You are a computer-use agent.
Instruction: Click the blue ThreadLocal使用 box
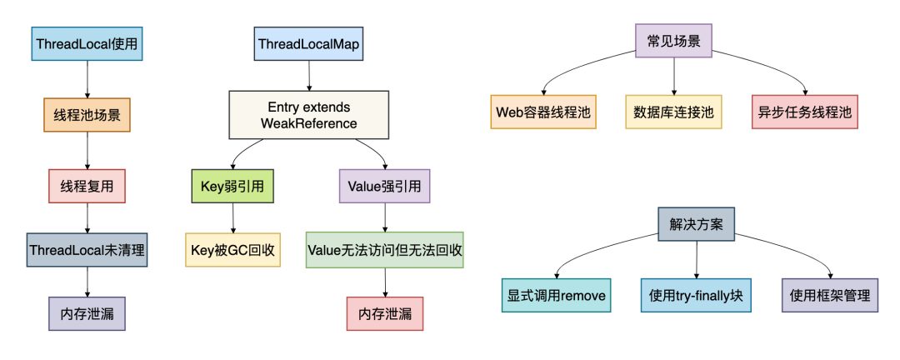(87, 42)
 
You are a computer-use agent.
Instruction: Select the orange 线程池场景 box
(87, 114)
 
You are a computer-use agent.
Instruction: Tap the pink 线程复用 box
(87, 186)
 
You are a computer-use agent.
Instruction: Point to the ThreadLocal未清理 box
(87, 249)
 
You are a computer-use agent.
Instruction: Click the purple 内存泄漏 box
(87, 314)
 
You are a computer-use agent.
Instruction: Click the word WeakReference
(308, 123)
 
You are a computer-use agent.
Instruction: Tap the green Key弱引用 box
(232, 186)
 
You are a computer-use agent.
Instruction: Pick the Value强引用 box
(384, 186)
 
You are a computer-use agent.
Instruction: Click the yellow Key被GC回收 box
(232, 249)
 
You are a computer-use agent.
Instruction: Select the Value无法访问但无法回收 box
(384, 249)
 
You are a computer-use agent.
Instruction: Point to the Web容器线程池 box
(544, 112)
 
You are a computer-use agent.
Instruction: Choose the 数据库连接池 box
(673, 112)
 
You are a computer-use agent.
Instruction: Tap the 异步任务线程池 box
(804, 112)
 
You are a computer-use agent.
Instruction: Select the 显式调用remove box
(557, 295)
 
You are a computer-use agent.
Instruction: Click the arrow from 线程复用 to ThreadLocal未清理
(87, 217)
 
